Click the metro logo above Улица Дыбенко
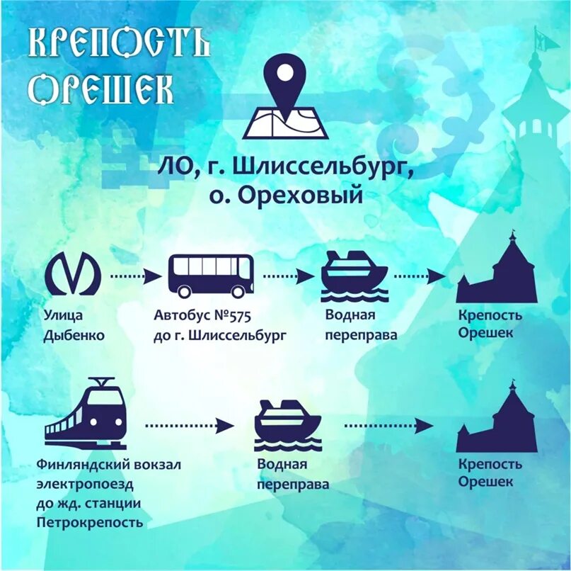tap(74, 274)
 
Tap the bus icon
tap(210, 276)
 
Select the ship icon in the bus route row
tap(354, 276)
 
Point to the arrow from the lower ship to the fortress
tap(388, 425)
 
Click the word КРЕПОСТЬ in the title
tap(119, 44)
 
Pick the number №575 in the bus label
tap(229, 315)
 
